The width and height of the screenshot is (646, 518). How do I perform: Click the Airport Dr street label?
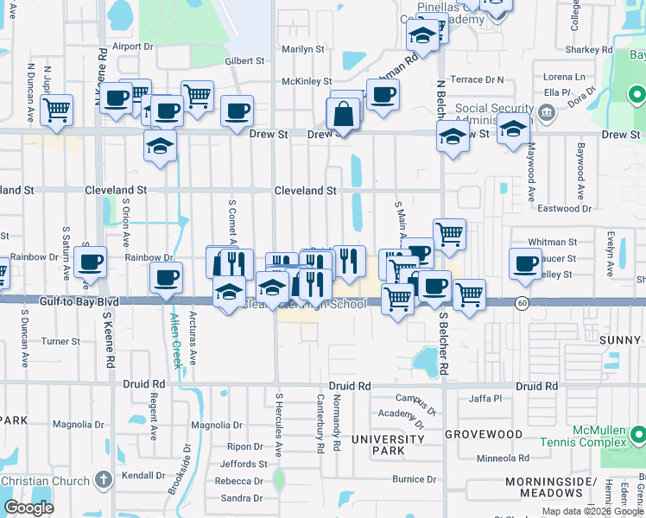click(132, 46)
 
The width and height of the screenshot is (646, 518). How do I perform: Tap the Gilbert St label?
click(244, 61)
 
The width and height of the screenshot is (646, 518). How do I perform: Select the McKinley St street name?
click(301, 82)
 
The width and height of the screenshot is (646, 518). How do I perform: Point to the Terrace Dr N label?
click(478, 79)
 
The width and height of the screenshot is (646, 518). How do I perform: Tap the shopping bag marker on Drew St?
click(343, 113)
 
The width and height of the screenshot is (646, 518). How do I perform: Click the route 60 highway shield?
click(522, 303)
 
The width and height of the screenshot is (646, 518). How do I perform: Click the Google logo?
click(28, 508)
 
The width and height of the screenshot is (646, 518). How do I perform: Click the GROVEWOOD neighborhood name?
click(484, 434)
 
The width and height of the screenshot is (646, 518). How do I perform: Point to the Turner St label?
click(60, 342)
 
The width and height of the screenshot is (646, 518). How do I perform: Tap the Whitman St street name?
click(554, 243)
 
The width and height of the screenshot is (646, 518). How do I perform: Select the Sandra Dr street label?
click(241, 498)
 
